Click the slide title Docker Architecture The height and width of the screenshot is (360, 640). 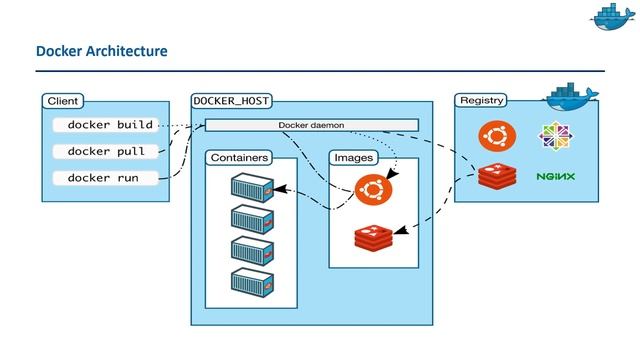[x=101, y=50]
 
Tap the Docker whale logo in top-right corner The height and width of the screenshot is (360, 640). [x=612, y=17]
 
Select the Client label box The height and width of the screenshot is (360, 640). [x=63, y=101]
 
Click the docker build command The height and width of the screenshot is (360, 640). [x=110, y=125]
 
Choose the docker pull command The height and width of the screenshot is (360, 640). [x=106, y=151]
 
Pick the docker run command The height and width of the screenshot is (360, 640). [x=103, y=178]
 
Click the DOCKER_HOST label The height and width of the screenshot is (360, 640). [x=231, y=101]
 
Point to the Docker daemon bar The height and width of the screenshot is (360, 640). [x=311, y=125]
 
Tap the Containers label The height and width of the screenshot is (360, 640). [x=239, y=158]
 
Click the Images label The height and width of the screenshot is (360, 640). [x=353, y=158]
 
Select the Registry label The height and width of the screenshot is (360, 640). [x=481, y=101]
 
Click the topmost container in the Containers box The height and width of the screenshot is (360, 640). [x=252, y=186]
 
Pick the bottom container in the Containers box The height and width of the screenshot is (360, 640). [x=252, y=283]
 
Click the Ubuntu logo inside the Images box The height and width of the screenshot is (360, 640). [x=372, y=188]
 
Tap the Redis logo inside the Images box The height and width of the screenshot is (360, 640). [x=372, y=238]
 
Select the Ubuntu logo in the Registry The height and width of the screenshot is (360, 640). [x=495, y=135]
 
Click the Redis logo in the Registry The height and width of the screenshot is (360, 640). [x=495, y=176]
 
